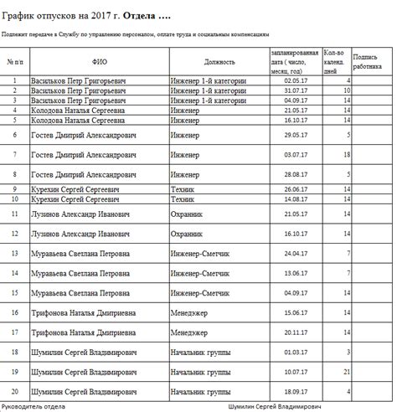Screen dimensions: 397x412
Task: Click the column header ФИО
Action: (99, 62)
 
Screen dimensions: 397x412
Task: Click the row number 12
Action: (14, 234)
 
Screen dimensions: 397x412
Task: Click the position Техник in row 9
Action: (183, 190)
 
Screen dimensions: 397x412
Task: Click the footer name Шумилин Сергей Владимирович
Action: (274, 406)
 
